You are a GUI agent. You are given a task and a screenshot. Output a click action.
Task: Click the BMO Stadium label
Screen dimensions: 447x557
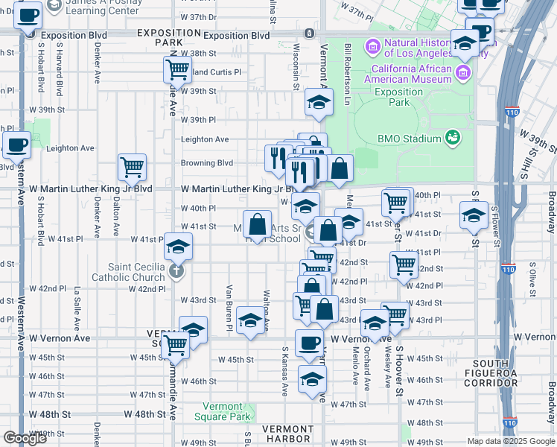410,138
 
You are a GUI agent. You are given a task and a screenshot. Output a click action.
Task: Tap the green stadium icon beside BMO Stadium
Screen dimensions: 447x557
452,137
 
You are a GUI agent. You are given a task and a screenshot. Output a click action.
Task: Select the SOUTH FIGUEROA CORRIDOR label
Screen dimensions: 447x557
490,377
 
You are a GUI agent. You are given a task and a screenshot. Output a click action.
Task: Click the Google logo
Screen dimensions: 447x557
24,438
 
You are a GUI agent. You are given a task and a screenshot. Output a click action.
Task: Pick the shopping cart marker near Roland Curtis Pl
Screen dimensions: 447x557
177,70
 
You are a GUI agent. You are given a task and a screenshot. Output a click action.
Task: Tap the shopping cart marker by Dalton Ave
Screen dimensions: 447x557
132,167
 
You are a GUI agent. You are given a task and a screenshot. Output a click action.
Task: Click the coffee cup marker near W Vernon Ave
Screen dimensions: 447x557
309,343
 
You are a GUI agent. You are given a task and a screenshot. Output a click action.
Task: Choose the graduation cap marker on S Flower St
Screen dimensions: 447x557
473,215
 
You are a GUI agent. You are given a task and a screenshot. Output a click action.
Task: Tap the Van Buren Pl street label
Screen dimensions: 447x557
229,307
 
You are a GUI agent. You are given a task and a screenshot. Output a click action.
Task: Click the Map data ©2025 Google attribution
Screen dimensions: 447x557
510,441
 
